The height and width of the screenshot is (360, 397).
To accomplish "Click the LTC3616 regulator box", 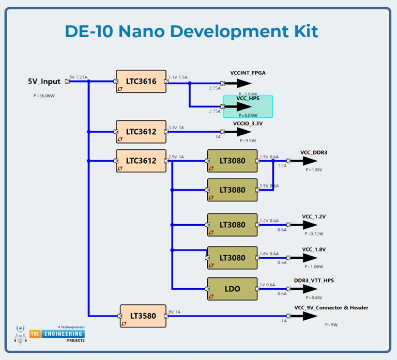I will (x=141, y=81).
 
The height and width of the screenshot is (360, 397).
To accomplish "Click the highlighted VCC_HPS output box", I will (x=248, y=106).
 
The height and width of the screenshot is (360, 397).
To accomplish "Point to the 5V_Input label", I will (x=44, y=81).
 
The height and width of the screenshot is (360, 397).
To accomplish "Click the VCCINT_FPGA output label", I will (x=248, y=73).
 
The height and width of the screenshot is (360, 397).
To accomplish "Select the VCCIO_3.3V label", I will (x=248, y=123).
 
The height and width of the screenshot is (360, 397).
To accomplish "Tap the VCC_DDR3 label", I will (x=314, y=152).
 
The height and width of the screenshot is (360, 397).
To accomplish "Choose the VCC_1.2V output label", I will (x=314, y=216).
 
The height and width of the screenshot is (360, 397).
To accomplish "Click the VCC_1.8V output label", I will (x=314, y=249).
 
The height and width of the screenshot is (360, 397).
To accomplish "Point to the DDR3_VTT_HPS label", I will (x=314, y=280).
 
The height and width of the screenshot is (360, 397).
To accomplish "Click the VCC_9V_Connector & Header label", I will (x=331, y=308).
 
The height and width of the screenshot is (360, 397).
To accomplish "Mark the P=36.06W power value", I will (x=44, y=96).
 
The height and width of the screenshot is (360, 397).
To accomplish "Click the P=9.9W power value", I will (x=248, y=140).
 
